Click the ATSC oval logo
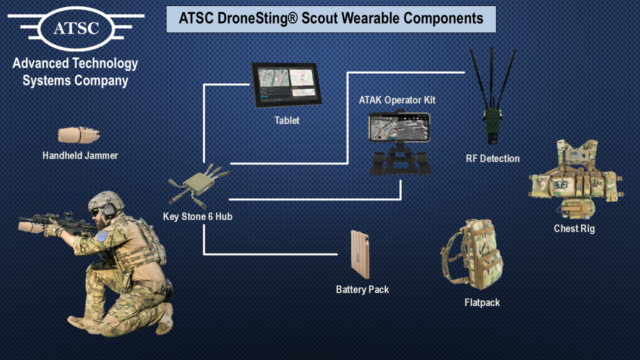coord(76,27)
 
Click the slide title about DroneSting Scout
coord(331,19)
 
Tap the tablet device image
coord(284,85)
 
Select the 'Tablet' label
coord(287,120)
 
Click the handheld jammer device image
coord(78,135)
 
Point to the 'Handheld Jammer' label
coord(80,155)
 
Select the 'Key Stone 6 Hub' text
coord(197,217)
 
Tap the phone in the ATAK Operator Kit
coord(399,127)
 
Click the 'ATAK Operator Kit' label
coord(397,100)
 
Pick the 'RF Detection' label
coord(492,158)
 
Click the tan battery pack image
coord(360,254)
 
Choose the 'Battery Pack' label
coord(362,289)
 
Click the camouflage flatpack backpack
coord(472,254)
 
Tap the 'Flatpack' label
coord(482,302)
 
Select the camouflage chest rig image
coord(575,180)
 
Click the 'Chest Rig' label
coord(574,228)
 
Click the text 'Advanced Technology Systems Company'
coord(75,72)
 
